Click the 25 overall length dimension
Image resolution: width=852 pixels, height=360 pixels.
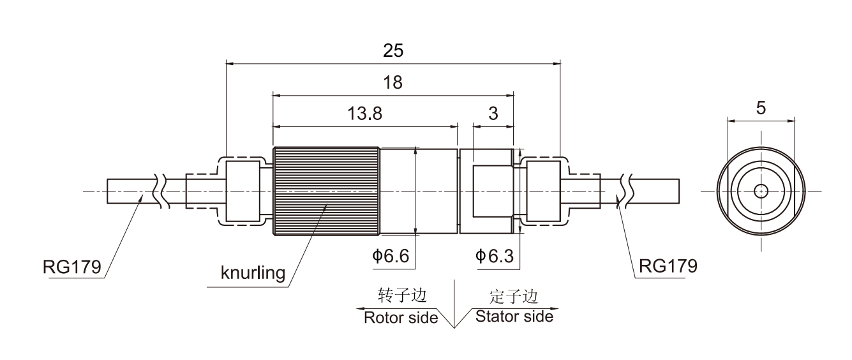pos(393,51)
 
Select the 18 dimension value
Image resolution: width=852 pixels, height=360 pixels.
pos(393,83)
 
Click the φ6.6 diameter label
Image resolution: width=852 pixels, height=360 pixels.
pos(391,257)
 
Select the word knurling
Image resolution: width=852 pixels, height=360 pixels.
pos(252,274)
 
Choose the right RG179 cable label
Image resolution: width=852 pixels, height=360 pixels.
pos(668,265)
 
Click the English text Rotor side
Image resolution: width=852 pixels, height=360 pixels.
pos(401,317)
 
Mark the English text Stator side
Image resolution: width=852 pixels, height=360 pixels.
pos(514,316)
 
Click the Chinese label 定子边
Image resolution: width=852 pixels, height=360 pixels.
pos(514,296)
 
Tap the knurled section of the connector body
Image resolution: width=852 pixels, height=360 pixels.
pos(325,191)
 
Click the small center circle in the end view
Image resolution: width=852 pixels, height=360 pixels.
pos(761,191)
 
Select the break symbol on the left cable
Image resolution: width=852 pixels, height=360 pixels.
pos(160,190)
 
